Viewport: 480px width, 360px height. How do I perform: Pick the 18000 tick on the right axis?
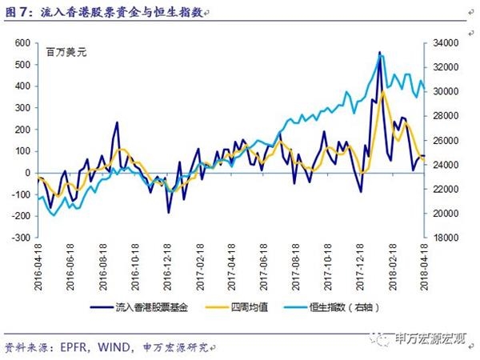tap(446, 238)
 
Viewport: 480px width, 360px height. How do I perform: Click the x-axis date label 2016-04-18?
tap(38, 264)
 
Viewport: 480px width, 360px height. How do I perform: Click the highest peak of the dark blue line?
tap(378, 52)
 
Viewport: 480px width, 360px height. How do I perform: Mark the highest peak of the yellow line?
tap(385, 91)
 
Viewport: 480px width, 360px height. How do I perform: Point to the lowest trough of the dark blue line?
tap(169, 212)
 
